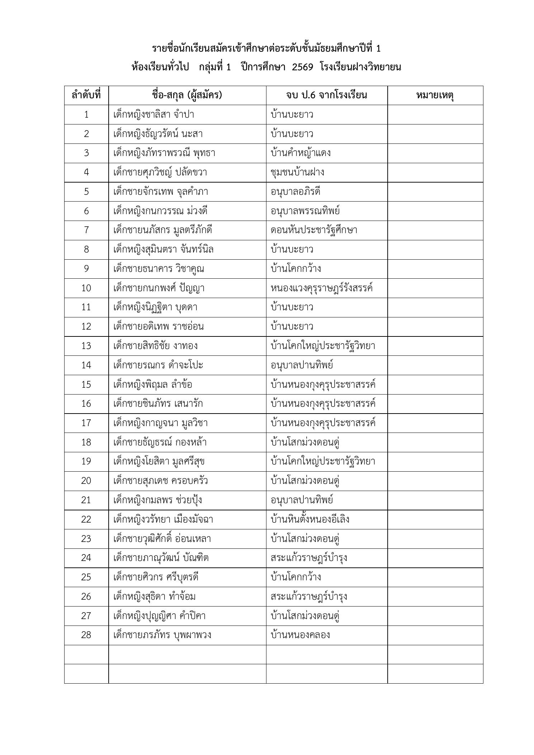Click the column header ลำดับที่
[86, 95]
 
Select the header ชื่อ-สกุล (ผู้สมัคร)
[187, 95]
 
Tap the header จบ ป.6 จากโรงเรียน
[326, 95]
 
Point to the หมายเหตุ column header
[435, 95]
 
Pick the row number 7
[86, 230]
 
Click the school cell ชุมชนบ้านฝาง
[297, 173]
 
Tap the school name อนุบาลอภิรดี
[296, 192]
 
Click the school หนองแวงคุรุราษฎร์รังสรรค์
[322, 288]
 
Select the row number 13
[86, 346]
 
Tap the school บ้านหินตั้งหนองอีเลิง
[310, 519]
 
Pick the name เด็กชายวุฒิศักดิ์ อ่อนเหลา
[162, 539]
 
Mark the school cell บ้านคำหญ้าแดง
[301, 153]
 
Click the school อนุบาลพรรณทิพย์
[305, 211]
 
